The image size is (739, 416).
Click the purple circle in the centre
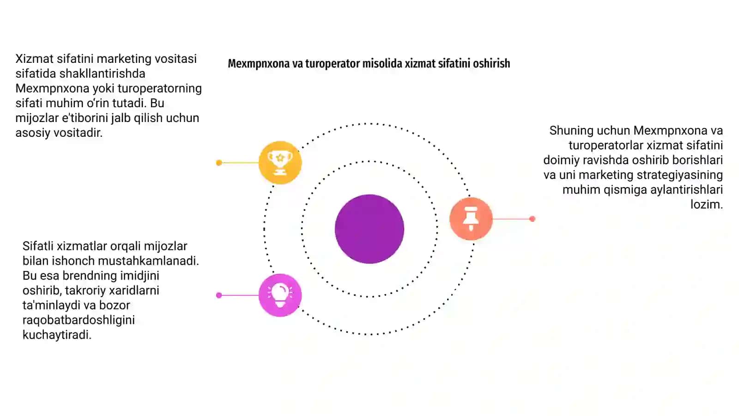[x=369, y=229]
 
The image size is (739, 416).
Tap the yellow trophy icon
[x=280, y=162]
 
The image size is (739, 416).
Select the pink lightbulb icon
[x=280, y=295]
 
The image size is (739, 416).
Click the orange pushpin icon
[x=471, y=219]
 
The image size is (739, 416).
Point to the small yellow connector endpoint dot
[x=219, y=163]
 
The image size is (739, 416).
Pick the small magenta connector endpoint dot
[x=219, y=295]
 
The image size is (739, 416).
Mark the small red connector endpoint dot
[x=532, y=219]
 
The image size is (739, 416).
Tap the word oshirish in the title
[x=491, y=63]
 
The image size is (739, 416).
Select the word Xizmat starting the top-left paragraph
[x=34, y=59]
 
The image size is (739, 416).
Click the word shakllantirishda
[x=102, y=73]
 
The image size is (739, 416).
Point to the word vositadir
[x=78, y=133]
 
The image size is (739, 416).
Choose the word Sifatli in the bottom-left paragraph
[x=38, y=246]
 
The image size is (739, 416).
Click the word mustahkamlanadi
[x=148, y=261]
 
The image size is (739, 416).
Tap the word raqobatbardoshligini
[x=79, y=320]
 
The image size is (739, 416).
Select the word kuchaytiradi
[x=57, y=335]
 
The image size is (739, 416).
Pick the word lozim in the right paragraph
[x=706, y=204]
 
